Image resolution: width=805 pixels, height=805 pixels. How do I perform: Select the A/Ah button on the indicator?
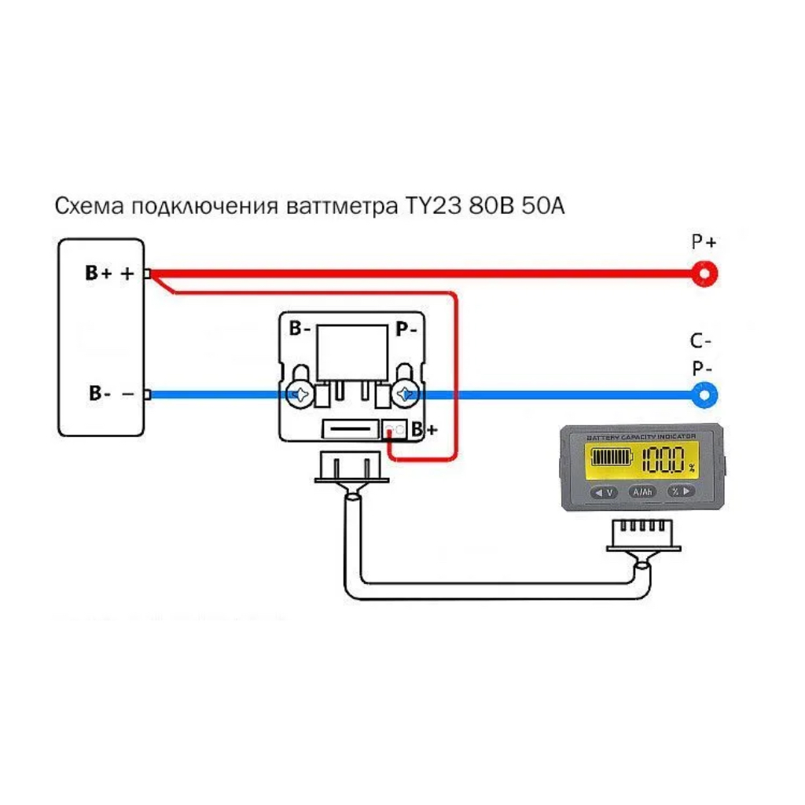coord(641,492)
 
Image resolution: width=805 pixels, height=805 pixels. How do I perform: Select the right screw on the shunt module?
coord(406,395)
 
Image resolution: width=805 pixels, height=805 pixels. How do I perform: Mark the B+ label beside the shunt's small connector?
coord(425,430)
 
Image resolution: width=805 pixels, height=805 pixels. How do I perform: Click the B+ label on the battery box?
coord(99,273)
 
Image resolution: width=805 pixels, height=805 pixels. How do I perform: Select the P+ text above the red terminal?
coord(704,242)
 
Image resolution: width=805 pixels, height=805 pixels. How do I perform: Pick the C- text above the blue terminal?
coord(702,341)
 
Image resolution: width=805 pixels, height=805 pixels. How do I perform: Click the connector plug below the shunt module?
coord(352,469)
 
